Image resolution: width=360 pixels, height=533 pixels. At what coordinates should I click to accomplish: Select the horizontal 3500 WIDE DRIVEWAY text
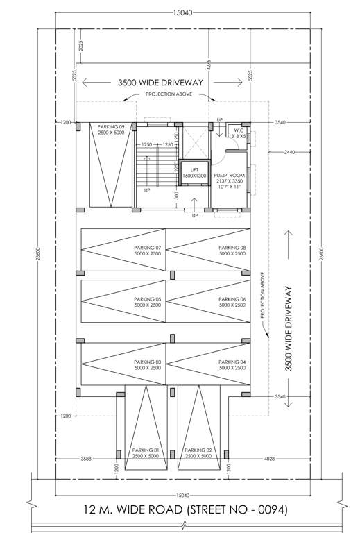160,82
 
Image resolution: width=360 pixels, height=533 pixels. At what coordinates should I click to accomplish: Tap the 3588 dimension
85,459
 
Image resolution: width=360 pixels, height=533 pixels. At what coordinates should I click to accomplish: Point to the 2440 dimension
289,151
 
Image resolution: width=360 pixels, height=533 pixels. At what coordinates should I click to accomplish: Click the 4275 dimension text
207,65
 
